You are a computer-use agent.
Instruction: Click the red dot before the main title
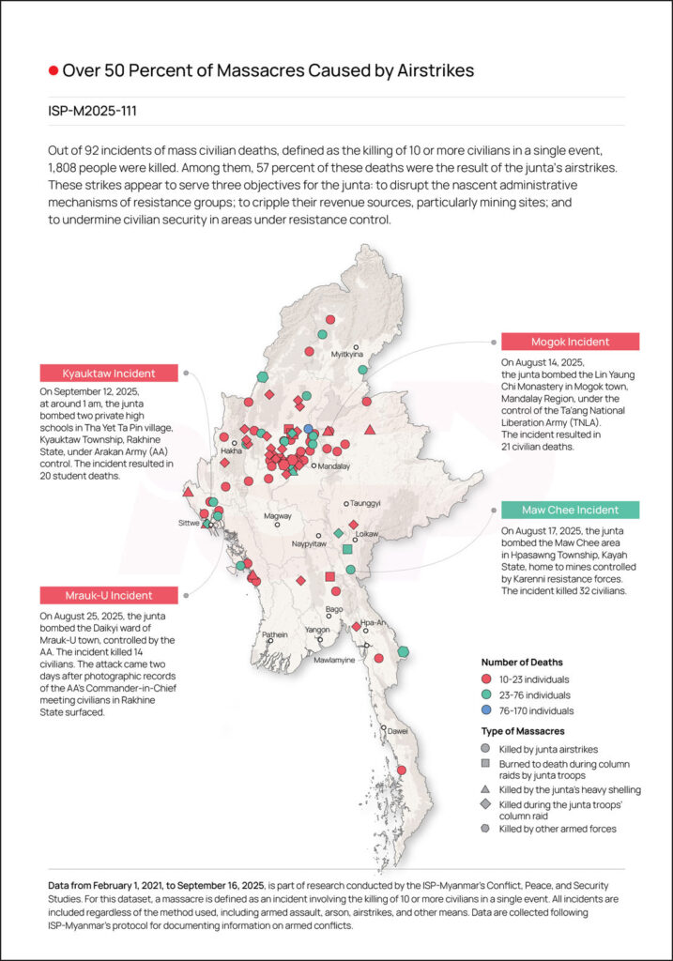click(54, 70)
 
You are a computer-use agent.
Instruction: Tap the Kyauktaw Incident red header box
click(109, 373)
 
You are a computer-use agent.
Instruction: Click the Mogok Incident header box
click(570, 342)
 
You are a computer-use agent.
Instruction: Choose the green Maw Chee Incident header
click(570, 510)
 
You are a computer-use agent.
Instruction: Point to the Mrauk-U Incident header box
click(109, 595)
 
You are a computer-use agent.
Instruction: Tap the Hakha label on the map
click(232, 451)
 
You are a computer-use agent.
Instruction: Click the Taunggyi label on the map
click(365, 503)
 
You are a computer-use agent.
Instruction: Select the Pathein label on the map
click(275, 634)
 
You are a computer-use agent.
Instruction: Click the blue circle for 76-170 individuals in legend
click(486, 711)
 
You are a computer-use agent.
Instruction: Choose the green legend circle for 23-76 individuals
click(486, 695)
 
